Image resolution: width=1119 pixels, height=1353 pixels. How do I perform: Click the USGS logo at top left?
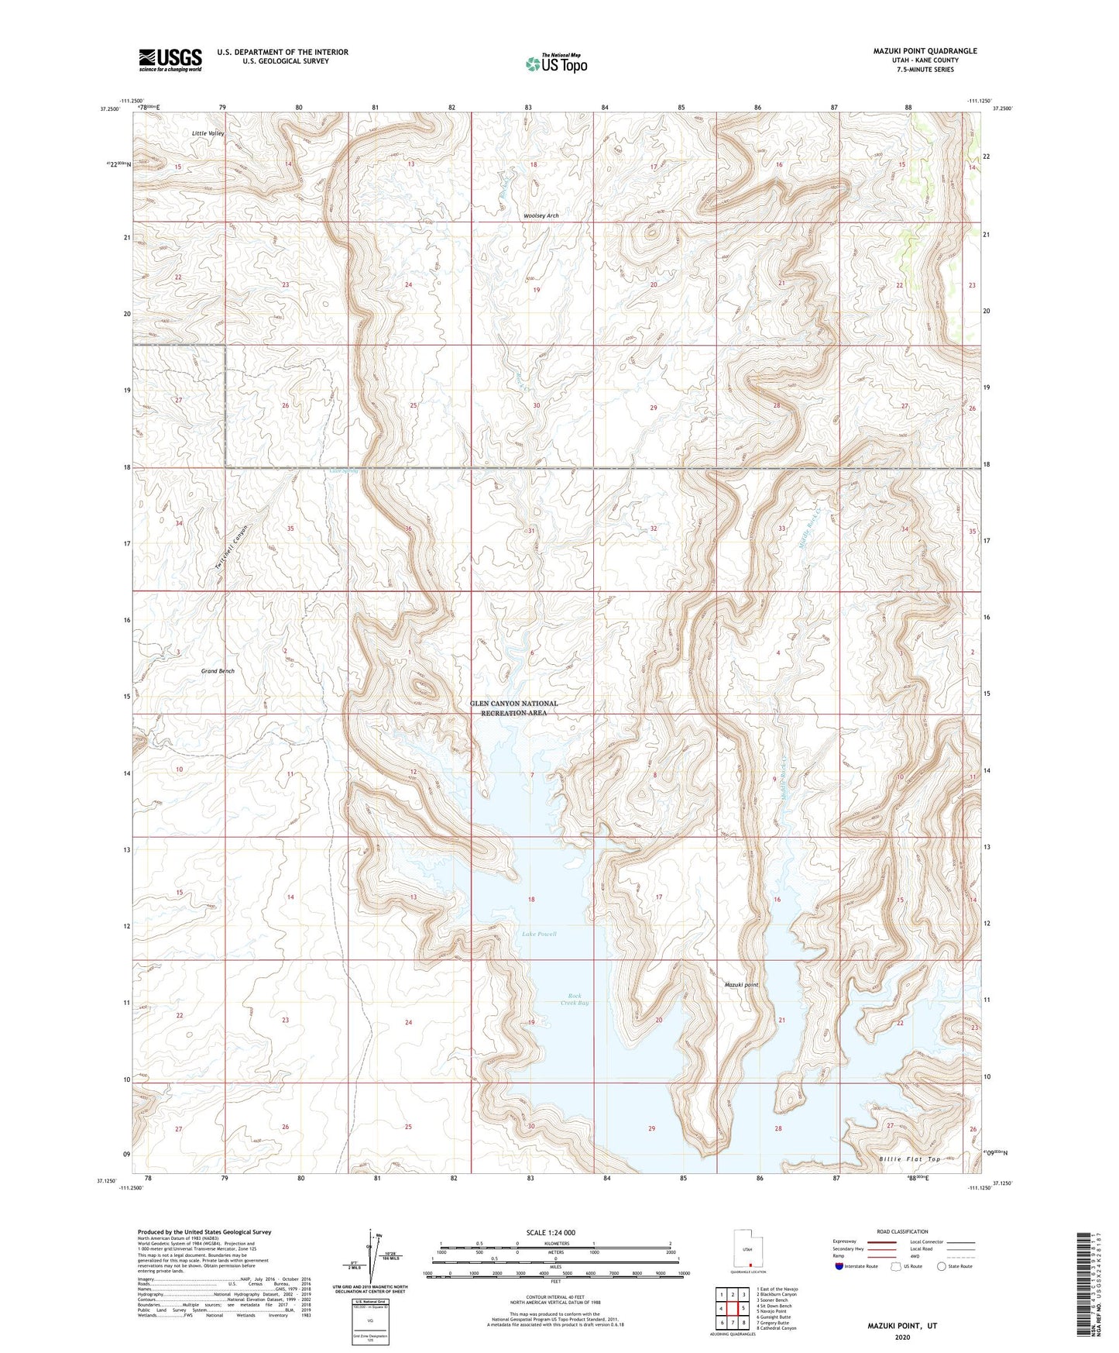(170, 60)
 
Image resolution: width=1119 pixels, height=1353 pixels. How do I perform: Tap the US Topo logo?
(556, 64)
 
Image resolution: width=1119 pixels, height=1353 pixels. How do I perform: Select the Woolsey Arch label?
(541, 215)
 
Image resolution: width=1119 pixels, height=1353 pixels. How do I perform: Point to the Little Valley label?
(208, 133)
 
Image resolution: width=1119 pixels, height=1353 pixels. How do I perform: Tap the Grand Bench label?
(218, 671)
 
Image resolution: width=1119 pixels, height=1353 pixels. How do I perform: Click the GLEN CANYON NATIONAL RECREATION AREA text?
(513, 708)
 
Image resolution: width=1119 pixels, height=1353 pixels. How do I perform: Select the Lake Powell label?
(539, 934)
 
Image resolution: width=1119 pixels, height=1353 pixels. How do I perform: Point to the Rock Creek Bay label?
(574, 1000)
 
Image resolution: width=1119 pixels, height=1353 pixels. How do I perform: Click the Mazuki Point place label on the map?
(741, 985)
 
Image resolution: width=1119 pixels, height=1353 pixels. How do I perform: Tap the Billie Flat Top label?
(909, 1159)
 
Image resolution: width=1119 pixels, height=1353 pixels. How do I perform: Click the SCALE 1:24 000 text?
(551, 1232)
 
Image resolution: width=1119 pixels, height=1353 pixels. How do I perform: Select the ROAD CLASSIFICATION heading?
(902, 1231)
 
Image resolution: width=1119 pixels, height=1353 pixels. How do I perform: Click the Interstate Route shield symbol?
(839, 1266)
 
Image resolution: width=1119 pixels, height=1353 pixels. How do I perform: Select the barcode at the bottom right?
(1084, 1286)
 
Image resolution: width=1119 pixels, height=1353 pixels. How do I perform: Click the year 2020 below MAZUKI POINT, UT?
(901, 1337)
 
